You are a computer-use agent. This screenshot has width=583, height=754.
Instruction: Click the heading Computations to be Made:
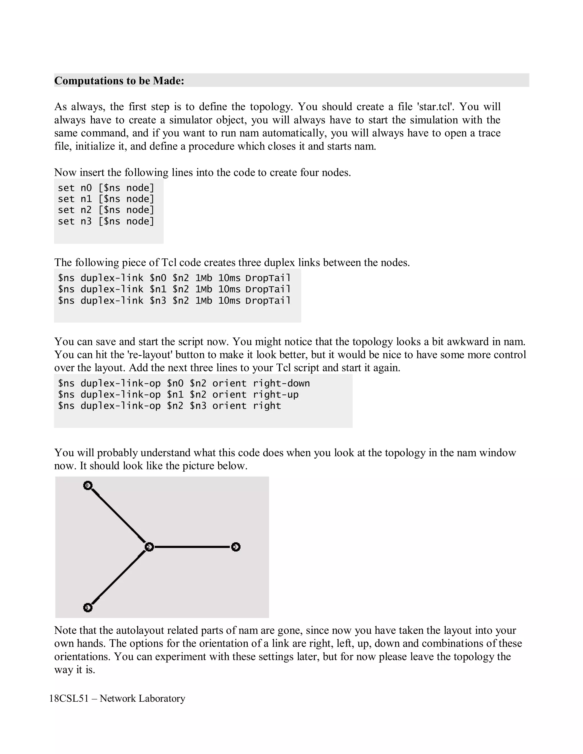(x=119, y=81)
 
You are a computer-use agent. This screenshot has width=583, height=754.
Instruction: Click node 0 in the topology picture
(x=88, y=486)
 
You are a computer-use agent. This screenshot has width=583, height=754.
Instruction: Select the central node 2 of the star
(x=149, y=547)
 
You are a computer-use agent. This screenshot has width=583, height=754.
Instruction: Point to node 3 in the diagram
(x=235, y=547)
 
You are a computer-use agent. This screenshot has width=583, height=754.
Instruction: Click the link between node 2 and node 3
(x=192, y=547)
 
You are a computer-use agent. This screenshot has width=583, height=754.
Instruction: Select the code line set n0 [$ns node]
(x=106, y=188)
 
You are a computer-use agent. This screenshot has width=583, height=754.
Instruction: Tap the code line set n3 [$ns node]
(x=106, y=221)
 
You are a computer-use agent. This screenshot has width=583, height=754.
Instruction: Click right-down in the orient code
(x=281, y=384)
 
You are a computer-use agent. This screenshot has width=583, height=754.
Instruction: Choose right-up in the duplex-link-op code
(x=275, y=395)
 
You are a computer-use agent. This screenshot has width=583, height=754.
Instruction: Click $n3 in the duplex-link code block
(x=158, y=301)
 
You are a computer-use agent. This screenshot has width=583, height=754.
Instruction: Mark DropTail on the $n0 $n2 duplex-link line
(x=268, y=278)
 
